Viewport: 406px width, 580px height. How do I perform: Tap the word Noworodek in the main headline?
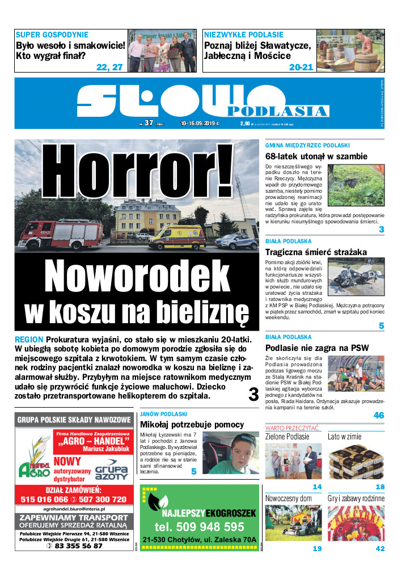[136, 276]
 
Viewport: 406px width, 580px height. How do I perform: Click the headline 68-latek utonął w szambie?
[316, 156]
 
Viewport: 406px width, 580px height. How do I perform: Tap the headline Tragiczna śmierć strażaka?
[316, 252]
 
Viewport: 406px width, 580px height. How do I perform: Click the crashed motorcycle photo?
[356, 277]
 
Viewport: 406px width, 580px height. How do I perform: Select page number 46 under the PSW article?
[379, 416]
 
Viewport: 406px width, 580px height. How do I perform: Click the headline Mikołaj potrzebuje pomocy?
[192, 424]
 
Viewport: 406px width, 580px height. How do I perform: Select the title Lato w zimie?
[344, 437]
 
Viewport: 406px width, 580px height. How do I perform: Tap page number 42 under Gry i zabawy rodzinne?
[380, 549]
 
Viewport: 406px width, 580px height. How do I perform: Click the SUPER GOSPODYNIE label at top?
[52, 35]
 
